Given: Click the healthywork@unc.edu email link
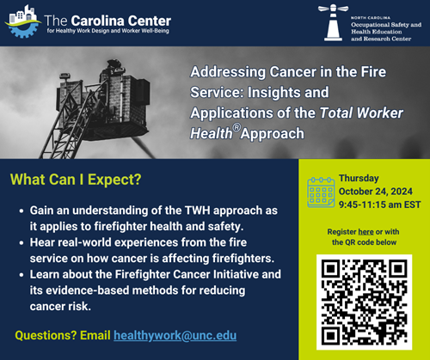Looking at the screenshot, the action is (x=175, y=336).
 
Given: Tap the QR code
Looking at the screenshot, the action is (x=364, y=302).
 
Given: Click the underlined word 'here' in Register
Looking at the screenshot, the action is (x=365, y=232).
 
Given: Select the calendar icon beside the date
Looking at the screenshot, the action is (x=321, y=192).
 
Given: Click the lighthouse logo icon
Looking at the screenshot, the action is (x=333, y=22).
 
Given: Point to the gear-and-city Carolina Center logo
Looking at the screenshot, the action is (x=23, y=21).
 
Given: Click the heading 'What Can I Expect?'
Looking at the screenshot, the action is (x=76, y=180).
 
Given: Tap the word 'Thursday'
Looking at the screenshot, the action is (x=359, y=178).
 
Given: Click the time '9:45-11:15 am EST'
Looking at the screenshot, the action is (x=380, y=204).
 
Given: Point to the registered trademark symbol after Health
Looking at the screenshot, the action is (x=236, y=128).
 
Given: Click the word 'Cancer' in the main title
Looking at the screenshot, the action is (x=292, y=72).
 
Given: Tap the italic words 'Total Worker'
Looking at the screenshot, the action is (x=361, y=113).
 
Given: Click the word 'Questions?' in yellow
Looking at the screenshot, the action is (x=46, y=335).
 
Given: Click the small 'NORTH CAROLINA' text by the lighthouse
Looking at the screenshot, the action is (x=371, y=18).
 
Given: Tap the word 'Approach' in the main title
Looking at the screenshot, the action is (x=273, y=134).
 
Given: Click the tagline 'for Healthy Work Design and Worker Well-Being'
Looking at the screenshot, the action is (x=108, y=31).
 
